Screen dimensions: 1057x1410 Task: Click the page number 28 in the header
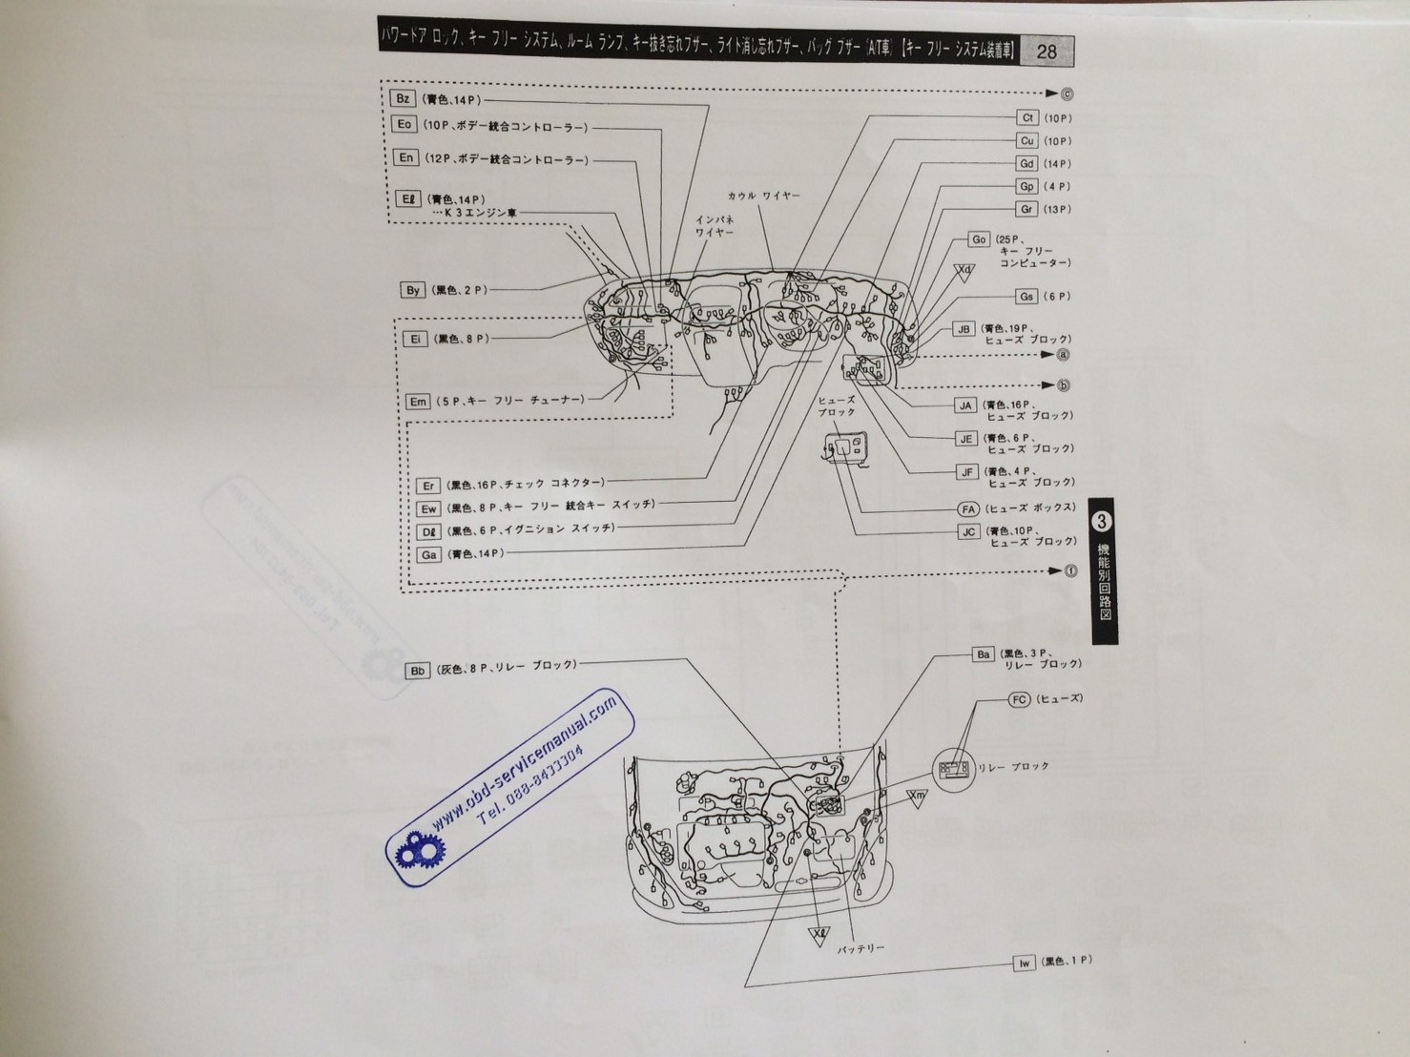point(1046,52)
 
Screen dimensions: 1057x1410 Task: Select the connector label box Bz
point(402,99)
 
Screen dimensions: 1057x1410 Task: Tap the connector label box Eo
point(404,125)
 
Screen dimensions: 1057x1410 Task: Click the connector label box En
point(405,158)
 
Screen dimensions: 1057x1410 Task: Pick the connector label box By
point(412,290)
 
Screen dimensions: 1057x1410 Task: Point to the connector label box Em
point(418,402)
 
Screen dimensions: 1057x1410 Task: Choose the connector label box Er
point(428,486)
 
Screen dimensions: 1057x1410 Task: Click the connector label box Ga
point(428,554)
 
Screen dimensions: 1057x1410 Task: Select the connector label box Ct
point(1026,117)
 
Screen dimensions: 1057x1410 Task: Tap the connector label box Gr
point(1026,209)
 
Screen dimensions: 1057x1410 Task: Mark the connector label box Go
point(979,239)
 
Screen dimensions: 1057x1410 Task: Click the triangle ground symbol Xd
point(965,271)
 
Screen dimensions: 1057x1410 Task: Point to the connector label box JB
point(964,329)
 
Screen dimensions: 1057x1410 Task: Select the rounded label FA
point(968,509)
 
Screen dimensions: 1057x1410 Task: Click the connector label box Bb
point(417,671)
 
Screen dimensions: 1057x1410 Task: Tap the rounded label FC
point(1019,699)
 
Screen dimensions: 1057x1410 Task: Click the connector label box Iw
point(1024,963)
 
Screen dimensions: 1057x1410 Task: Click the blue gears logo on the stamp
point(416,849)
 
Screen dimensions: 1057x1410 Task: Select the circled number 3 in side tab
point(1102,522)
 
